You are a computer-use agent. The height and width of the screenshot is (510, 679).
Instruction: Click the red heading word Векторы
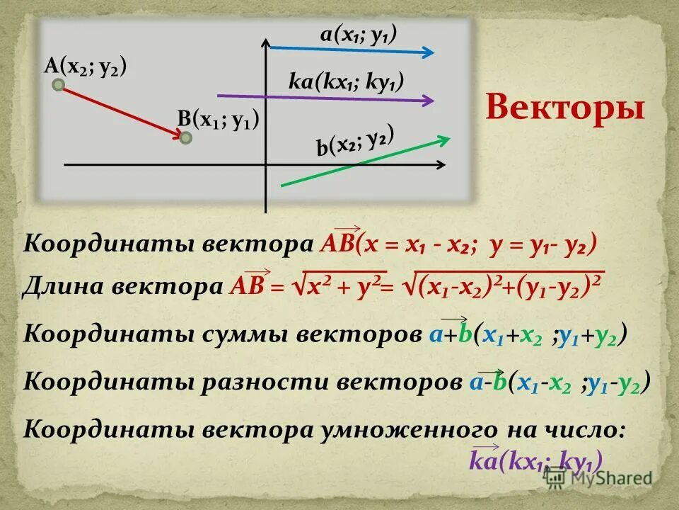tap(566, 109)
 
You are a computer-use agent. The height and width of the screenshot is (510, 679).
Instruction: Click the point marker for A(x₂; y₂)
tap(59, 86)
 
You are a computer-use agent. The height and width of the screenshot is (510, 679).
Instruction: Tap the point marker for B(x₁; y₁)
tap(185, 137)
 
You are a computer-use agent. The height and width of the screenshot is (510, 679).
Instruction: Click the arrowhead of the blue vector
tap(429, 52)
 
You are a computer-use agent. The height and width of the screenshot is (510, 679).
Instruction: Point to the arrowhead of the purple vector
tap(426, 101)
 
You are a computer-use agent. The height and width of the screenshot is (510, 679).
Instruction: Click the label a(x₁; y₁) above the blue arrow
tap(358, 33)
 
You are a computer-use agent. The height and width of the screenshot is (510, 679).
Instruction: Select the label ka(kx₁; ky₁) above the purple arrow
tap(347, 81)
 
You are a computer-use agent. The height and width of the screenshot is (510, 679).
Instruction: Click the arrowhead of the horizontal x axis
tap(440, 165)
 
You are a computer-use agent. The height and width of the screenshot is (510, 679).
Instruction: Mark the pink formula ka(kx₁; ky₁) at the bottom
tap(535, 461)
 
